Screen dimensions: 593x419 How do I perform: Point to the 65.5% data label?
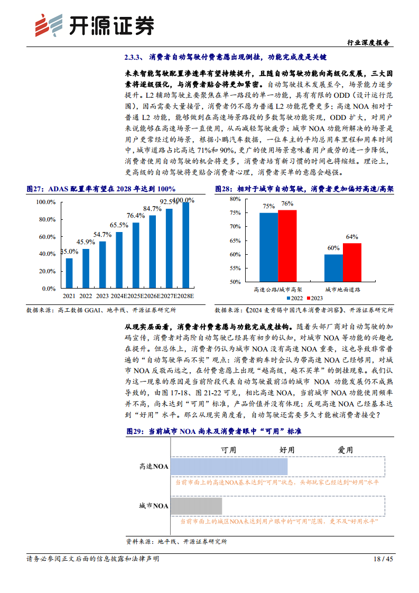point(119,225)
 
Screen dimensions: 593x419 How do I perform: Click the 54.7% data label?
point(102,234)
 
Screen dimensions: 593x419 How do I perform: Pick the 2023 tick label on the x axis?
point(103,296)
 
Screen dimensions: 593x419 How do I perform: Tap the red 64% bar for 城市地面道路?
point(352,262)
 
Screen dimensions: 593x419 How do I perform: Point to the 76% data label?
point(287,204)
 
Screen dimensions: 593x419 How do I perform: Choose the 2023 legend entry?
point(316,298)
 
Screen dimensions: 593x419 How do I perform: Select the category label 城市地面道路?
point(342,290)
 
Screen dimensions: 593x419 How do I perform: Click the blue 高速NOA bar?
point(229,466)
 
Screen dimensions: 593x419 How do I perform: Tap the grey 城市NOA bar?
point(197,506)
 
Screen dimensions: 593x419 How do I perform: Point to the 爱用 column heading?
point(346,450)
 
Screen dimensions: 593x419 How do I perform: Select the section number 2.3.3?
point(134,57)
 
